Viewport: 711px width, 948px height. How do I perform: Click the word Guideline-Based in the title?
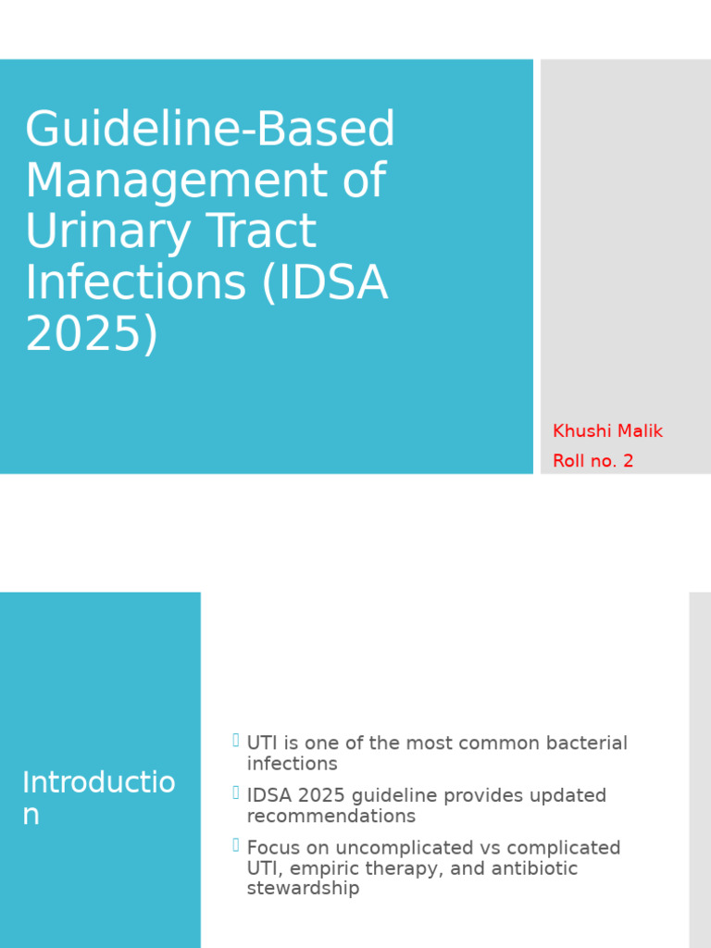(210, 130)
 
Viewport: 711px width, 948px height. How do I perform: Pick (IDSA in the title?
(325, 282)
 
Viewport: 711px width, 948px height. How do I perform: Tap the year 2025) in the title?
(92, 333)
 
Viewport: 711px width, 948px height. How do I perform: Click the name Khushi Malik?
(607, 431)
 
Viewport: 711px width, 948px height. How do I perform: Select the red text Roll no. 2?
(592, 461)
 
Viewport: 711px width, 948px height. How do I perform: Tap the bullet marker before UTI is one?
(236, 741)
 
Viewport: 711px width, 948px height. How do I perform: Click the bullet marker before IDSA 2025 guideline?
(236, 792)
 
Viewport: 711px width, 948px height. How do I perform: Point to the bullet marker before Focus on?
(236, 844)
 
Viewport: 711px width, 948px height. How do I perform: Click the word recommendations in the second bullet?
(331, 817)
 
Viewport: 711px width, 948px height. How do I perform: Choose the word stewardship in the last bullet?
(303, 889)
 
